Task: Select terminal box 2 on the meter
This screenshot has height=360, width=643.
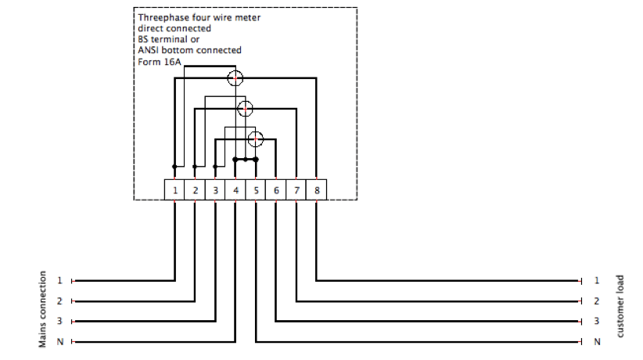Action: pos(195,189)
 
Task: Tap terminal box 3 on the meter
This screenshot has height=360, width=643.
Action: pos(215,189)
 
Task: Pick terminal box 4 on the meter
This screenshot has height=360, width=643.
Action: pos(235,189)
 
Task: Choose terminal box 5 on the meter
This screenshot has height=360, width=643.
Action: pos(256,189)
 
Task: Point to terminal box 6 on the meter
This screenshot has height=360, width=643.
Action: pos(276,189)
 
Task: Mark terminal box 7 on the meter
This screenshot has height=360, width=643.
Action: pos(296,189)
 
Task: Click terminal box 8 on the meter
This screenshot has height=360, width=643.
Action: pos(317,189)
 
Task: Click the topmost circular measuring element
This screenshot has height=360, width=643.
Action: pos(235,77)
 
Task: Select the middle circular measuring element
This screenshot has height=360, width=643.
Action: pos(246,108)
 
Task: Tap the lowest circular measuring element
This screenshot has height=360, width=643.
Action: pos(256,139)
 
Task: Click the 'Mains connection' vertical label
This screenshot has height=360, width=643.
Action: pos(44,310)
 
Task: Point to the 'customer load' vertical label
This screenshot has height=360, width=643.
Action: pos(620,306)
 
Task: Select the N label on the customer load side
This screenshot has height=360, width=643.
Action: pos(597,341)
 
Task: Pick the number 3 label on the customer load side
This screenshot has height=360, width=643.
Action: pos(597,321)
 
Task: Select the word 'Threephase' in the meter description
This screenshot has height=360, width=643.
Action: pos(162,16)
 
